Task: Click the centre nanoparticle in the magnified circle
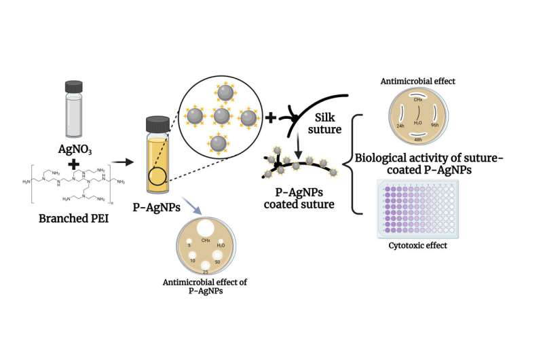(221, 116)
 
